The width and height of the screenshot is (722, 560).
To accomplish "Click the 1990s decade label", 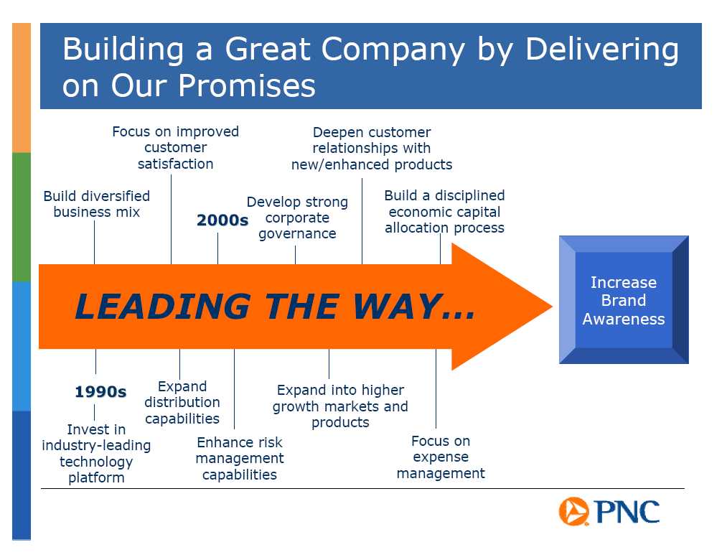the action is click(100, 392).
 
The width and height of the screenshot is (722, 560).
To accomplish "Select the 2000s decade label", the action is click(222, 220).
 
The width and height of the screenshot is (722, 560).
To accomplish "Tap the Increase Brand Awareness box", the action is click(624, 300).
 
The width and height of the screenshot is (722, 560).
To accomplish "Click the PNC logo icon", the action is click(573, 511).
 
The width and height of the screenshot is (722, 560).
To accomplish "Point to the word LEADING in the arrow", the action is click(162, 307).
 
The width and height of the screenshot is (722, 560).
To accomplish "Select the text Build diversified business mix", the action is click(97, 204).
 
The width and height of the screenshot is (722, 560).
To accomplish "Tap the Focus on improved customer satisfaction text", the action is click(175, 148).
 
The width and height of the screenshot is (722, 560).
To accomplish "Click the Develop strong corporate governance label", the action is click(297, 218).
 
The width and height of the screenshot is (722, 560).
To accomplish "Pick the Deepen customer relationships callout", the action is click(372, 149).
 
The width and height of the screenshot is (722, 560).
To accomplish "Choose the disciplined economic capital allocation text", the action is click(445, 211).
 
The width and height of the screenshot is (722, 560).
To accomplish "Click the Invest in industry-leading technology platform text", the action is click(96, 454).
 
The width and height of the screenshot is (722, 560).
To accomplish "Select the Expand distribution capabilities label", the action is click(182, 403).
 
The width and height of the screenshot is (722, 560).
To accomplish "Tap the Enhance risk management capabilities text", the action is click(240, 459).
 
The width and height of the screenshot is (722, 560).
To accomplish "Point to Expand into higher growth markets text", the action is click(340, 406).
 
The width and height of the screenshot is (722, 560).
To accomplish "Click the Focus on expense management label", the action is click(441, 457).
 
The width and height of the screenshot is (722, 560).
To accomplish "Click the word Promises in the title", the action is click(247, 85).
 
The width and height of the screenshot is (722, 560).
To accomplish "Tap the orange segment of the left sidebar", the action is click(22, 88).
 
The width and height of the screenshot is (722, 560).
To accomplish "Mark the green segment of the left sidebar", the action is click(22, 217).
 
